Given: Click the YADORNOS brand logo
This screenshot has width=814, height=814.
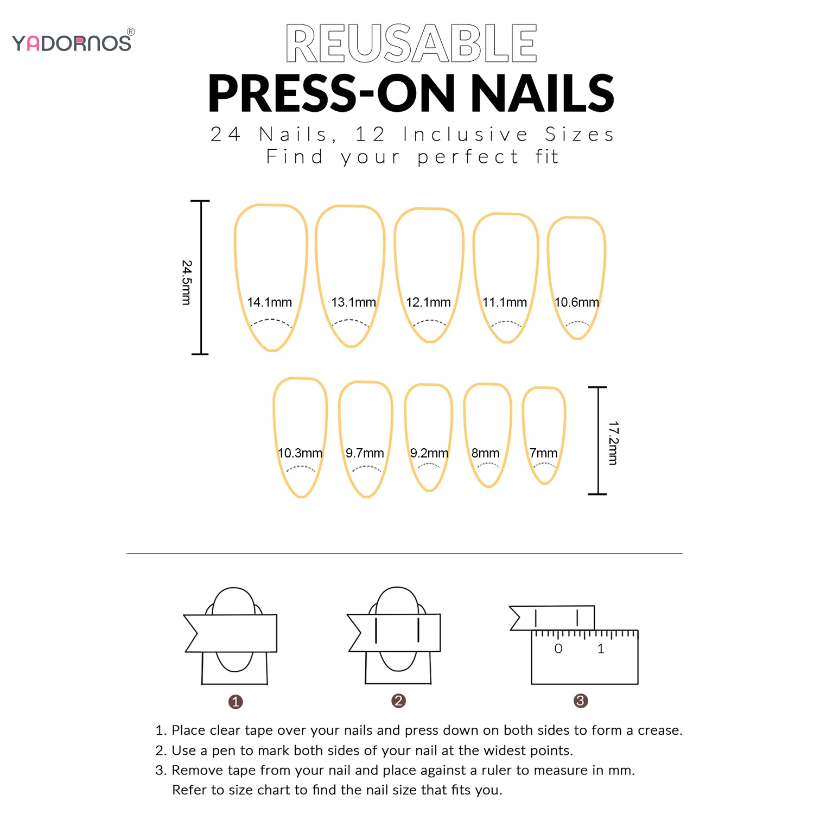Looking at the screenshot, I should point(72,42).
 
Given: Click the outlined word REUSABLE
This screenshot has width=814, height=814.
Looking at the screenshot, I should point(411,43).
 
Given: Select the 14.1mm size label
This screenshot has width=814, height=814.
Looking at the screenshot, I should point(269,302).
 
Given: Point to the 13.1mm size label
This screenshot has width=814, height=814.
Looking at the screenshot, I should point(353,302).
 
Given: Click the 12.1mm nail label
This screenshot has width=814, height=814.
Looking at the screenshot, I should point(428,302).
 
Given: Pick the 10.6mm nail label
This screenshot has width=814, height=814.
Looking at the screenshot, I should point(576,302).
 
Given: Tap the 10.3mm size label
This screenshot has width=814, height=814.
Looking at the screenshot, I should point(300,453).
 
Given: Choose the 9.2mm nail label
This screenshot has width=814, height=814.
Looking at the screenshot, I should point(429,453).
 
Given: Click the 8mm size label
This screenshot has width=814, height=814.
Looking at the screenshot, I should point(485,453).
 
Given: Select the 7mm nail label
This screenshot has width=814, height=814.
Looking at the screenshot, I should point(543,453).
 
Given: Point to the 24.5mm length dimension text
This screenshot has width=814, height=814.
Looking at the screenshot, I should point(186,282).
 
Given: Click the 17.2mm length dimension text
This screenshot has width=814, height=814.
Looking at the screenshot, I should point(613,443).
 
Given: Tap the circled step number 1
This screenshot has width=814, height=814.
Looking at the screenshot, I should point(235,702).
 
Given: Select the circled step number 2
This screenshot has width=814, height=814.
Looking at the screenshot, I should point(398,701).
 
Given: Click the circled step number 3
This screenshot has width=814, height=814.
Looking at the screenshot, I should point(580,701).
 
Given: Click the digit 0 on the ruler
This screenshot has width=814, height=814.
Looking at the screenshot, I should point(558,648).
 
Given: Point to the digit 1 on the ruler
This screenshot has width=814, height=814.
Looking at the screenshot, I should point(601,648).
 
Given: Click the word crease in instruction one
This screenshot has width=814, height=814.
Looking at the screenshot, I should point(659,730).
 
